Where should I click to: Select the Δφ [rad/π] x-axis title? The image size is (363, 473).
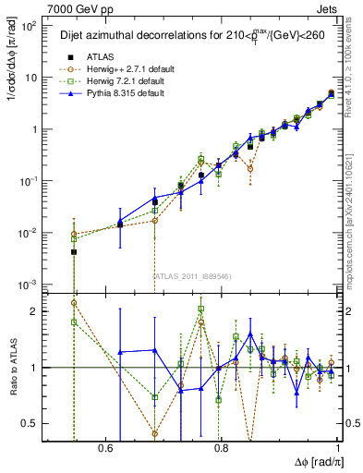point(314,461)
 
